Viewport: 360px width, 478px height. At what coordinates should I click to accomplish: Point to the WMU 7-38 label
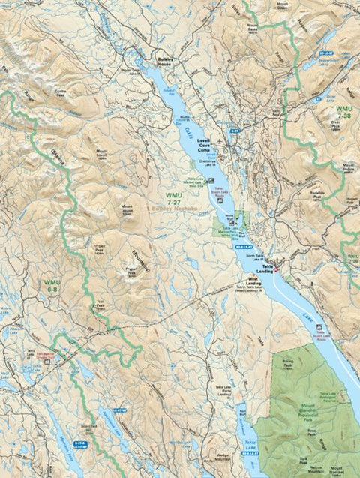coord(344,112)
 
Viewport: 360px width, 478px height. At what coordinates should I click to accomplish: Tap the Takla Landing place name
coord(265,267)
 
